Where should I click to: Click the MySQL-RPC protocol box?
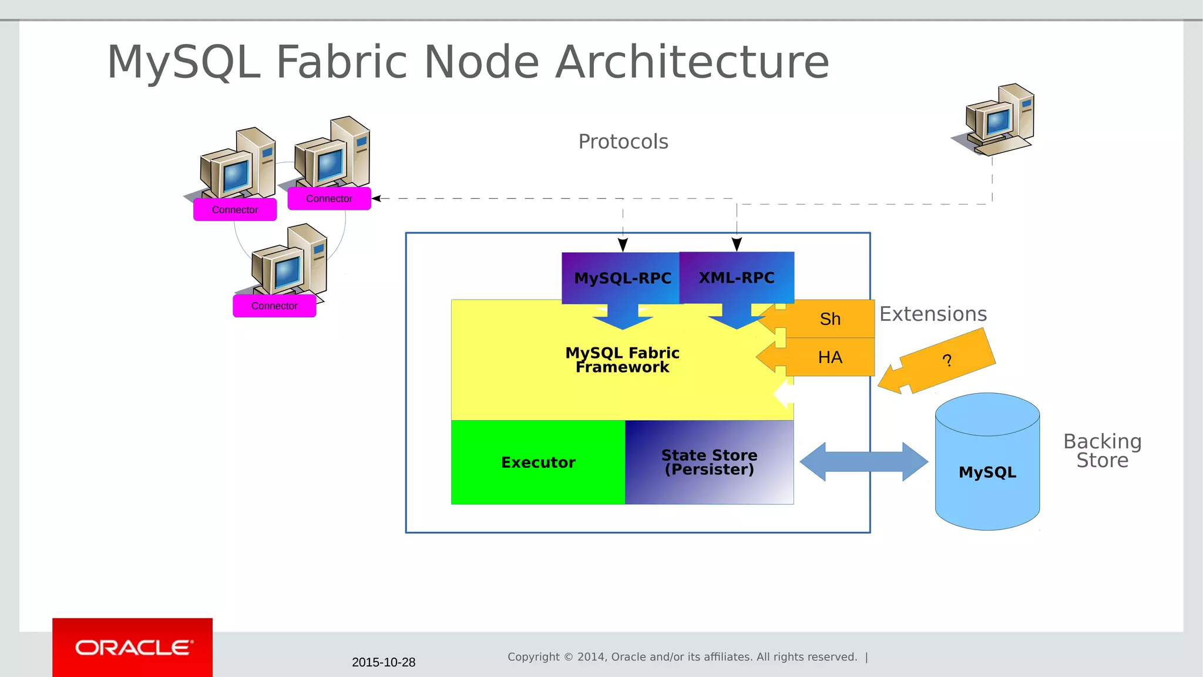tap(621, 278)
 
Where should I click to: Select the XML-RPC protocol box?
tap(737, 277)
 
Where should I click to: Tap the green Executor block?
tap(538, 462)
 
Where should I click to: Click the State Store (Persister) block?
tap(709, 462)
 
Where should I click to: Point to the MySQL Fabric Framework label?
tap(622, 360)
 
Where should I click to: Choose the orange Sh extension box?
tap(830, 319)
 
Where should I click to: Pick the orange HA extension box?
tap(830, 357)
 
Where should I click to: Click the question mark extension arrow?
tap(946, 360)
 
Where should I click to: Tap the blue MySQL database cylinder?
tap(987, 472)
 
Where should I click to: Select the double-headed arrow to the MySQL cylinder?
tap(863, 462)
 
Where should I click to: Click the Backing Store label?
tap(1102, 451)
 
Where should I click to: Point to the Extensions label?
tap(933, 314)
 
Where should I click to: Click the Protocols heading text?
tap(623, 142)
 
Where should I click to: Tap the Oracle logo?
tap(133, 648)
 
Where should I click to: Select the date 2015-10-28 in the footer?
tap(384, 662)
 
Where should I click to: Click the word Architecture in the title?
tap(692, 62)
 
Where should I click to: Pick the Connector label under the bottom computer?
tap(274, 306)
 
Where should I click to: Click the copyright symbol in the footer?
tap(568, 657)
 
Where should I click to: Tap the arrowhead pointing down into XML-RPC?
tap(737, 244)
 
